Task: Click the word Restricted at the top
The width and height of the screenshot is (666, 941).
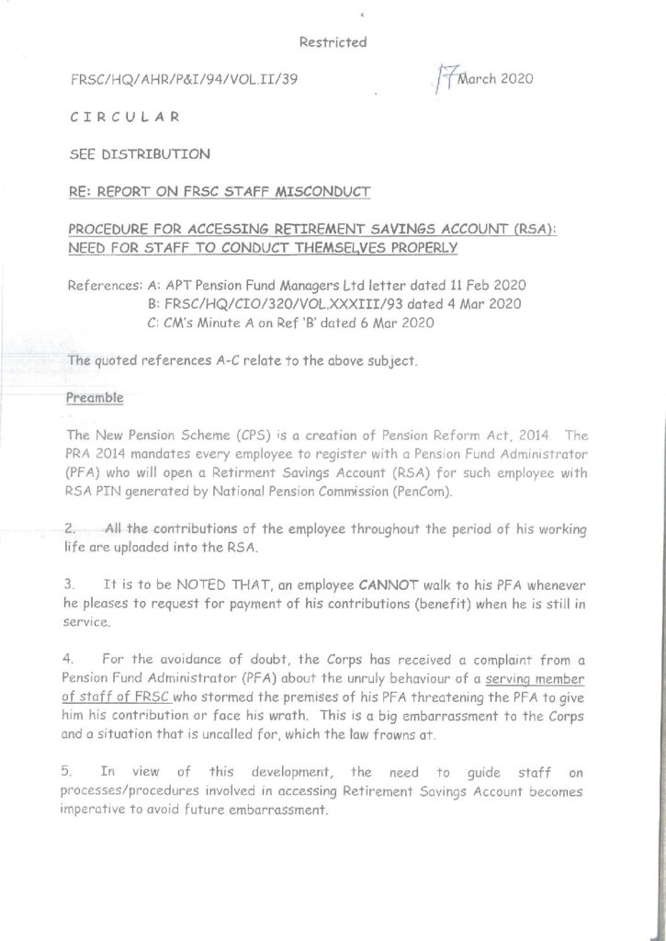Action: [333, 42]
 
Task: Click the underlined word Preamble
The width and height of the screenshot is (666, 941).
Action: [96, 399]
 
